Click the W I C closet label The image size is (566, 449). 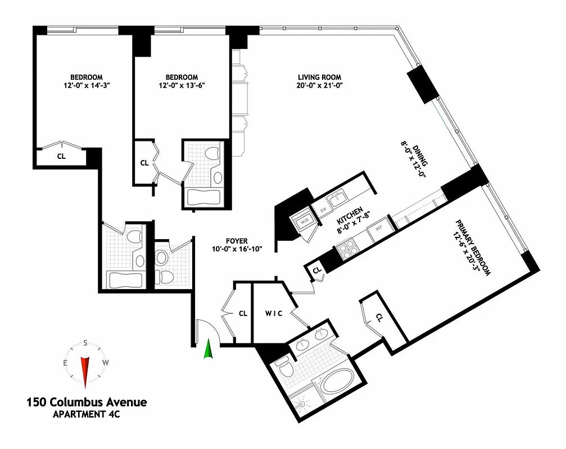[274, 313]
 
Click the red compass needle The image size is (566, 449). [85, 370]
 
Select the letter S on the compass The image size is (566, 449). [85, 343]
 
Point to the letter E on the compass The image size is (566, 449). [66, 363]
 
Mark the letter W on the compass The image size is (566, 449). [105, 363]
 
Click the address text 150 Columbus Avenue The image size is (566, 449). [87, 402]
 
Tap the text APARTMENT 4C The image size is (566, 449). [87, 415]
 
